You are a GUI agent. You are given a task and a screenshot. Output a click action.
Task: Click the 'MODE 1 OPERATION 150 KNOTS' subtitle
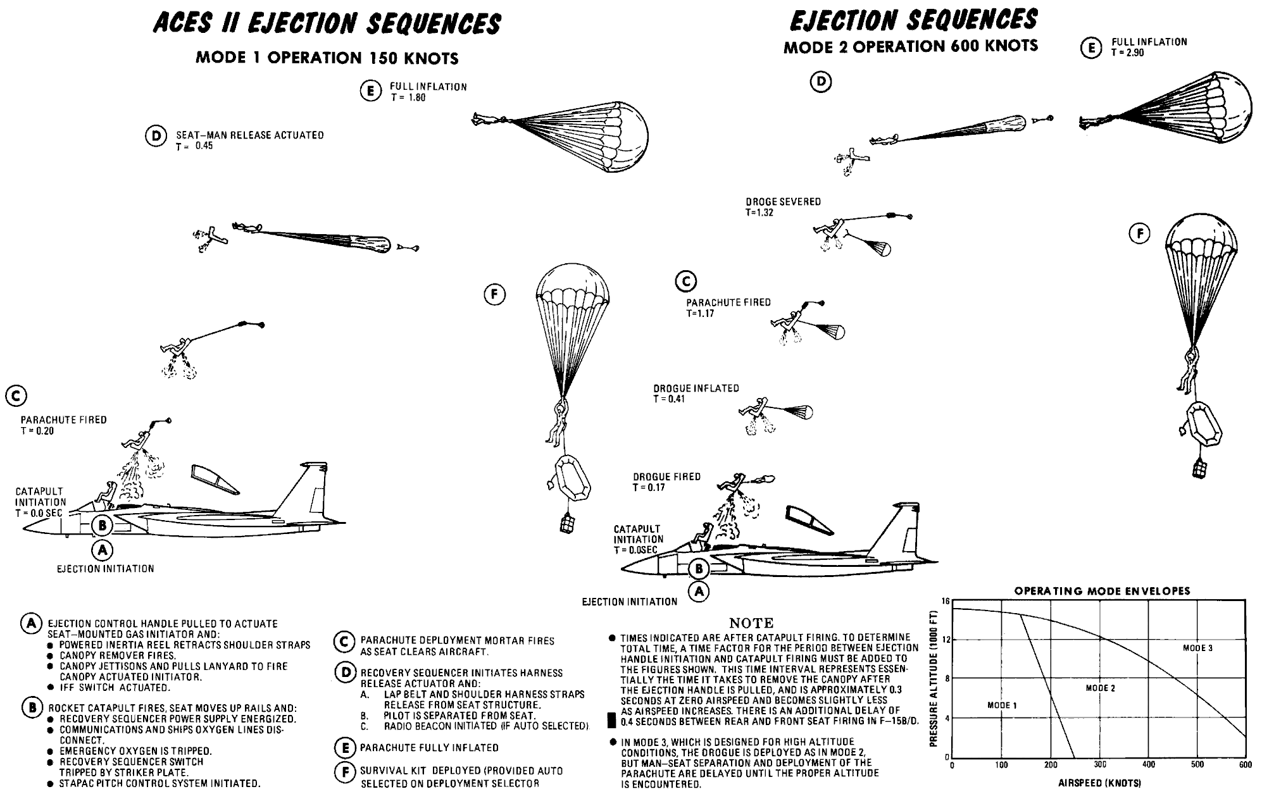(x=327, y=58)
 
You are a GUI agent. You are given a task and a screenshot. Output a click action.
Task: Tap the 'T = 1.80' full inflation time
(x=408, y=98)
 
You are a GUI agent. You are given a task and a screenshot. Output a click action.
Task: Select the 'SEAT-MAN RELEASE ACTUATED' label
(x=249, y=135)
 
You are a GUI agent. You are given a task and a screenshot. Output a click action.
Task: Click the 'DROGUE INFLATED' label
(x=696, y=388)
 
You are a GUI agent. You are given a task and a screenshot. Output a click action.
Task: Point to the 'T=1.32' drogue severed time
(x=759, y=213)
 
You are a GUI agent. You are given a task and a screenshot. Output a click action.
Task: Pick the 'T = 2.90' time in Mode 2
(x=1127, y=53)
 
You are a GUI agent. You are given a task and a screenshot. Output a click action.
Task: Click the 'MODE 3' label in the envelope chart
(x=1197, y=648)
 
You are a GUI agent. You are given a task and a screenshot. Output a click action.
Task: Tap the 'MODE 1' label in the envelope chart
(x=1002, y=705)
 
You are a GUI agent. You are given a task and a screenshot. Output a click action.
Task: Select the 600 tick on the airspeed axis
(x=1244, y=765)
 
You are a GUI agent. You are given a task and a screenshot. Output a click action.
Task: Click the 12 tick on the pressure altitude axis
(x=946, y=640)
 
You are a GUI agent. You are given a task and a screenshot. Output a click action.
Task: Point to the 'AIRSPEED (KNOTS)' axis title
(x=1099, y=783)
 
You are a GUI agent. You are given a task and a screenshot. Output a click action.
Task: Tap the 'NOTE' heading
(x=751, y=624)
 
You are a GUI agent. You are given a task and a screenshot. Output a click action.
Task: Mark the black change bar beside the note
(x=611, y=720)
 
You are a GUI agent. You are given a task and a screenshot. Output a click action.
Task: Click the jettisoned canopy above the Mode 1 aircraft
(x=215, y=478)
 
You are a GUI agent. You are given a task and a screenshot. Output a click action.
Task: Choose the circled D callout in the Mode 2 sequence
(x=821, y=82)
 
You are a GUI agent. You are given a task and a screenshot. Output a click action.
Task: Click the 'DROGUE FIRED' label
(x=666, y=477)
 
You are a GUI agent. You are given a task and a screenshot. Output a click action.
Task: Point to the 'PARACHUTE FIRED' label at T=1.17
(x=728, y=303)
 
